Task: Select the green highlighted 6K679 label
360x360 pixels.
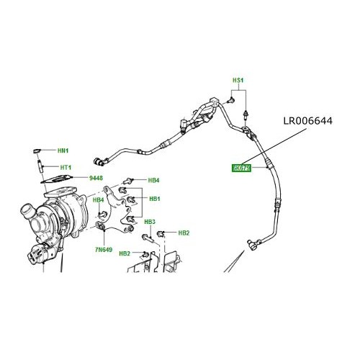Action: pos(240,168)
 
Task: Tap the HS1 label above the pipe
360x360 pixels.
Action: pos(238,80)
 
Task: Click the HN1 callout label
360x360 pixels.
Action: pos(63,150)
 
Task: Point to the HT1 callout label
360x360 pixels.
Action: pos(66,167)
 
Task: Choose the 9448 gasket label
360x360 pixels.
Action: pos(96,177)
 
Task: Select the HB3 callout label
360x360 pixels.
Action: pos(150,222)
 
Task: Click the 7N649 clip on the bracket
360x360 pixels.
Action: pos(103,230)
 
